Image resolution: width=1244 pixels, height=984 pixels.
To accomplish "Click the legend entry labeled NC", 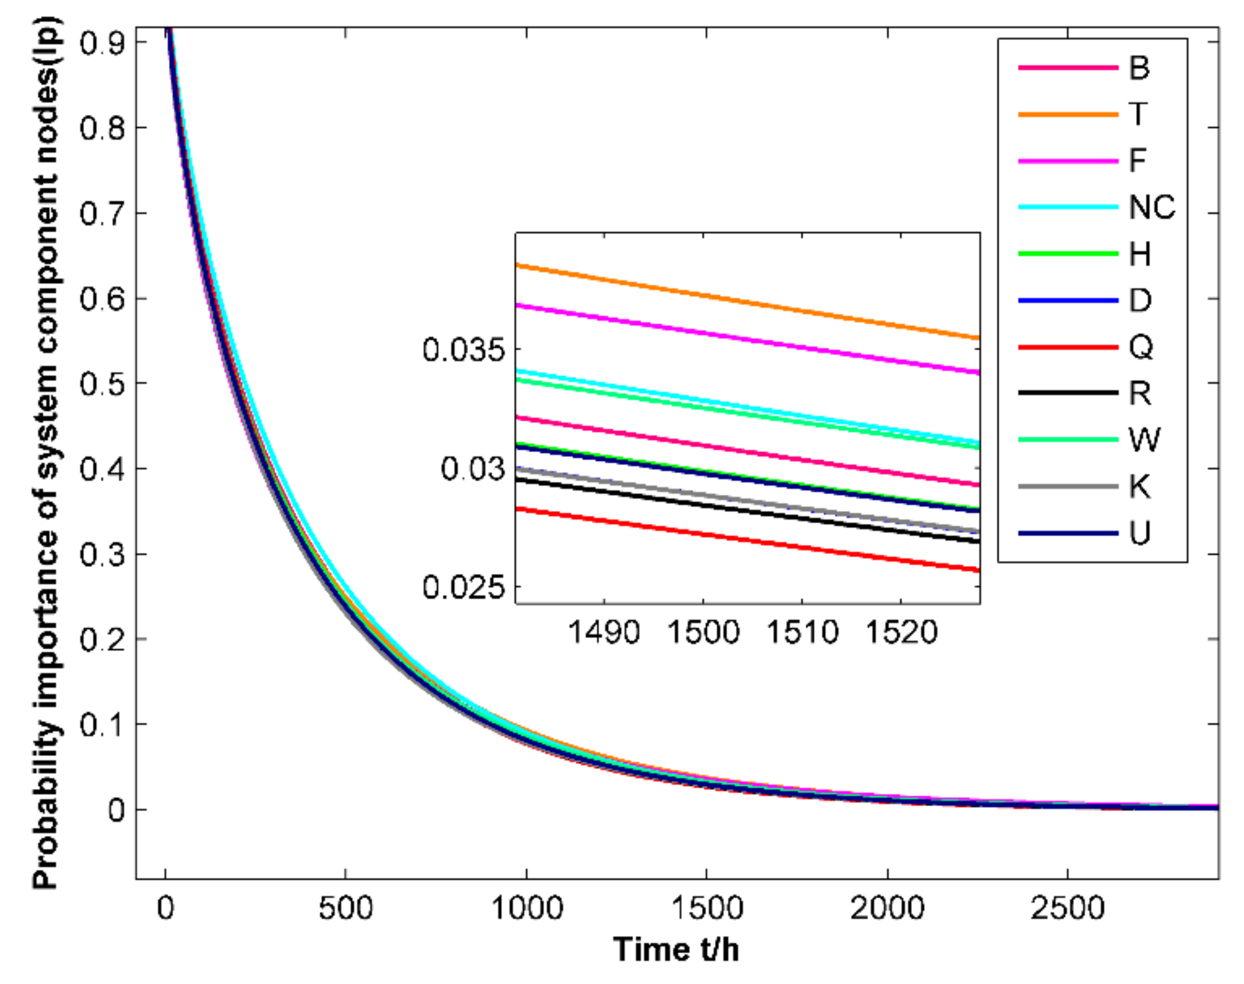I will click(x=1151, y=207).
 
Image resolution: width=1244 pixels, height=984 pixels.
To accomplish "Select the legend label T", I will click(x=1138, y=114).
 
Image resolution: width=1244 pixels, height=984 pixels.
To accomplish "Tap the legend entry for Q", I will click(x=1140, y=347).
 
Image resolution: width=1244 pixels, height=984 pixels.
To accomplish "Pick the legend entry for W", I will click(x=1144, y=440).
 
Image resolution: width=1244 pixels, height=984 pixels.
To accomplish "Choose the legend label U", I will click(x=1139, y=533).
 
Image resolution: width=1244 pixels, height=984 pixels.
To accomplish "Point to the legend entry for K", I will click(x=1139, y=486).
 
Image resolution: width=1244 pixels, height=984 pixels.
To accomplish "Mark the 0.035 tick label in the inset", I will click(x=463, y=350).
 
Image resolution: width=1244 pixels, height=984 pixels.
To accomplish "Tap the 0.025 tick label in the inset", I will click(x=463, y=587).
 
